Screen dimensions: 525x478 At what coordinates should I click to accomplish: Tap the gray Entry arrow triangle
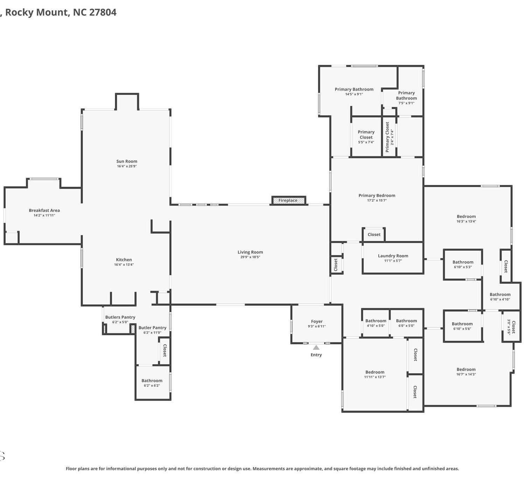click(x=316, y=347)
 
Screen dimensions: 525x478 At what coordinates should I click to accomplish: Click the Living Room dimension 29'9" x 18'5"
click(x=250, y=257)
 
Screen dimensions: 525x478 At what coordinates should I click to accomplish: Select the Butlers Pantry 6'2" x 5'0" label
click(x=120, y=319)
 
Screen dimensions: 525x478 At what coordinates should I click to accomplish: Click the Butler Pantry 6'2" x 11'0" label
click(x=152, y=330)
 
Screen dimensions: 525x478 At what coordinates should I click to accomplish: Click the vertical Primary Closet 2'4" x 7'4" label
click(x=389, y=137)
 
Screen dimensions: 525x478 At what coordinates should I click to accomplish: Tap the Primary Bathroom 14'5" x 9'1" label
click(x=354, y=91)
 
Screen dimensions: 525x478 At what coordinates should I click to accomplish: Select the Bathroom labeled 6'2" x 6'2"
click(x=152, y=383)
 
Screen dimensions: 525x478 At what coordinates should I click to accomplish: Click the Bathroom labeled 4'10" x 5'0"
click(x=376, y=323)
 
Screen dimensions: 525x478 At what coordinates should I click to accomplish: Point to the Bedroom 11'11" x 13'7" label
click(x=375, y=374)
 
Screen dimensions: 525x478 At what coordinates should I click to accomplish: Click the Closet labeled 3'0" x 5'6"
click(x=511, y=327)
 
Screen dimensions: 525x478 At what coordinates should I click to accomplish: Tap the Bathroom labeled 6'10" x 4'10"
click(x=500, y=297)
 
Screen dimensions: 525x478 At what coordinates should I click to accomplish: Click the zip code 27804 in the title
click(x=103, y=12)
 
